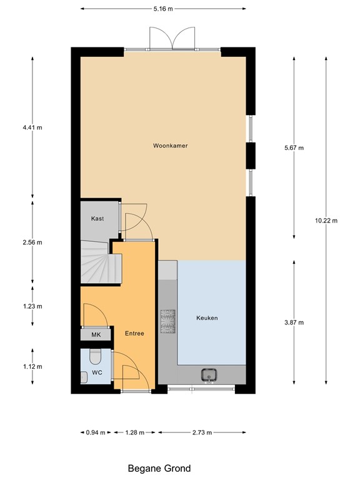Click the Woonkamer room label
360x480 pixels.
click(x=171, y=146)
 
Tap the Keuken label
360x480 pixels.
click(x=207, y=318)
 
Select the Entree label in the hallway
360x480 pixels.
click(x=134, y=334)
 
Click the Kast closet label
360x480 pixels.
click(x=97, y=219)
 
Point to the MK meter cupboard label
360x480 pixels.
click(x=96, y=336)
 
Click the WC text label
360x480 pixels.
click(x=97, y=372)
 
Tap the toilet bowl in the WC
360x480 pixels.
click(x=95, y=357)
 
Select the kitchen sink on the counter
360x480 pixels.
click(x=208, y=375)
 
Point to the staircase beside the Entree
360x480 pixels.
click(x=96, y=263)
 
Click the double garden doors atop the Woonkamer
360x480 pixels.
click(x=172, y=39)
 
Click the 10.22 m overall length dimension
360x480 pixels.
click(x=326, y=221)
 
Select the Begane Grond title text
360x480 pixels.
click(x=159, y=468)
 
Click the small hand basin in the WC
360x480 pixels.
click(x=84, y=376)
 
